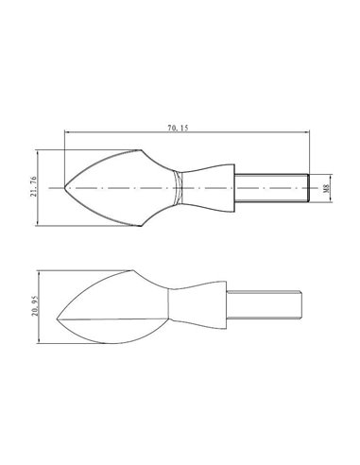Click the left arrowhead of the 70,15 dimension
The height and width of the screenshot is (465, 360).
[67, 132]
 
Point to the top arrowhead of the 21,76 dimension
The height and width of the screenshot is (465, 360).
[38, 151]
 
